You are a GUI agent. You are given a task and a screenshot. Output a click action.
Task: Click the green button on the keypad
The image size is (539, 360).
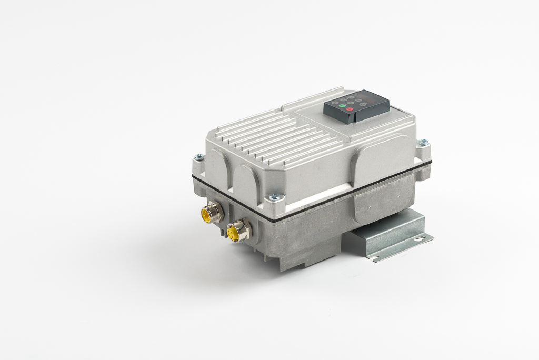click(x=342, y=106)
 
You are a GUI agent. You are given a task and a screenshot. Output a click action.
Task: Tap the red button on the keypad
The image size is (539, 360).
click(x=350, y=109)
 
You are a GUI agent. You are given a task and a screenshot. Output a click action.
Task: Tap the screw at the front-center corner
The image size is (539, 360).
click(x=273, y=197)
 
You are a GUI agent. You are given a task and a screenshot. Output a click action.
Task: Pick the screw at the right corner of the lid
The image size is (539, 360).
click(x=423, y=142)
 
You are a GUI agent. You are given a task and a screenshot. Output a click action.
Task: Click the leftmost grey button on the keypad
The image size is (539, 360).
click(x=335, y=103)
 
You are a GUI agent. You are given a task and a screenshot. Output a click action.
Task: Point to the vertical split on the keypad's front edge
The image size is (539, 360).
click(x=354, y=117)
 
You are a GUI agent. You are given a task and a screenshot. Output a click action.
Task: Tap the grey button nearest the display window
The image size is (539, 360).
click(x=358, y=100)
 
